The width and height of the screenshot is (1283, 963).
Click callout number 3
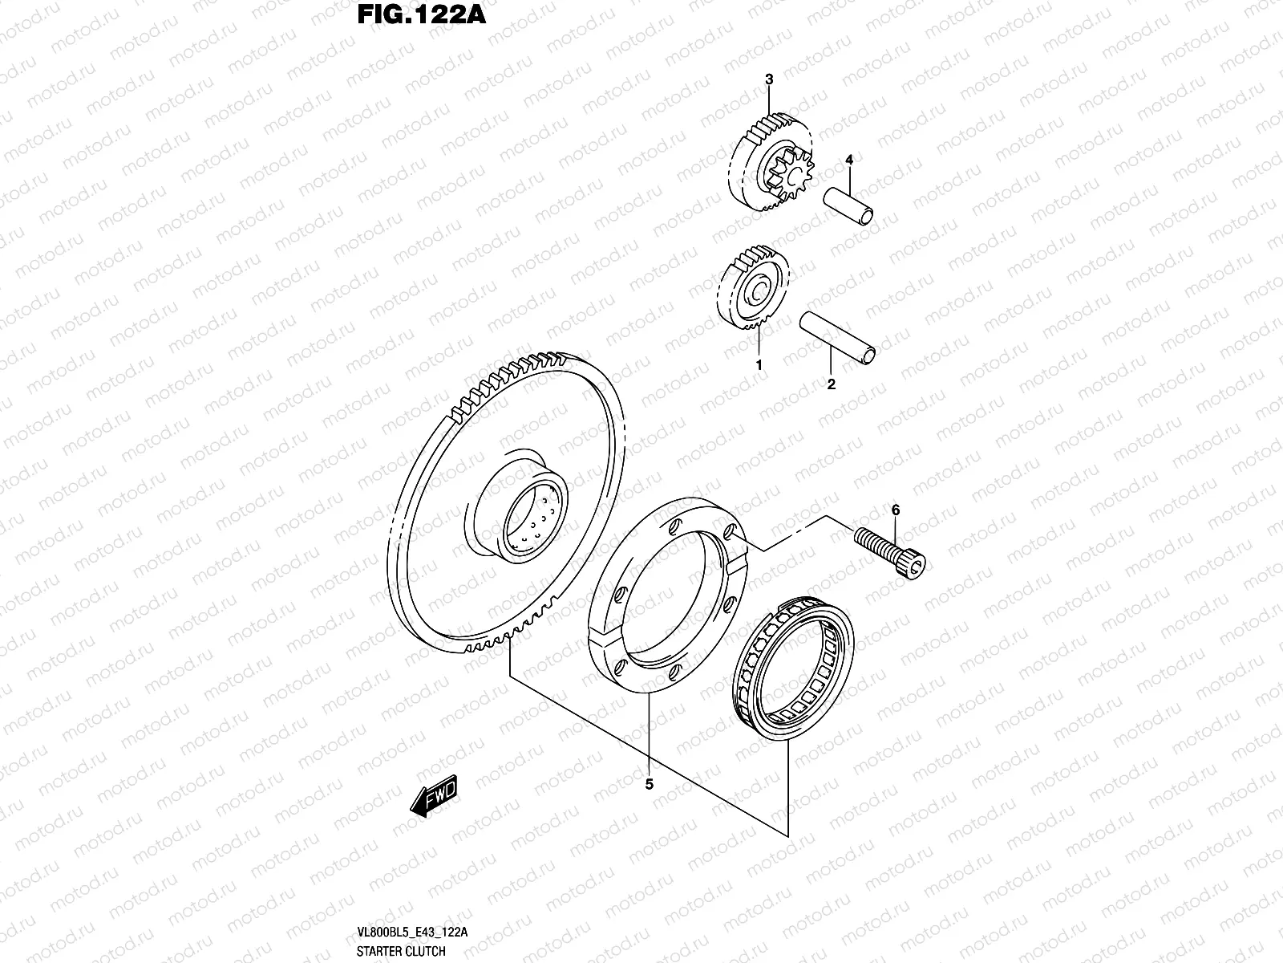click(768, 79)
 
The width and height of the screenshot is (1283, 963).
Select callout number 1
click(759, 364)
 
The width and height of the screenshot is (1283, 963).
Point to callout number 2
click(831, 384)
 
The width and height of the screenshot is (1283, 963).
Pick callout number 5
click(650, 785)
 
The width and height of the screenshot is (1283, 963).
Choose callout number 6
click(896, 510)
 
